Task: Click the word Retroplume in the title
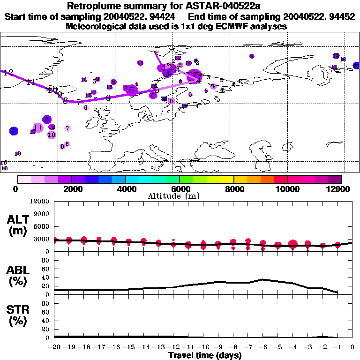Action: click(95, 6)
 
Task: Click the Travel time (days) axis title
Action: click(205, 356)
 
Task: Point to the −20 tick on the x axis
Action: click(54, 348)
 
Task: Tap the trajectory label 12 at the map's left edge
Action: click(8, 73)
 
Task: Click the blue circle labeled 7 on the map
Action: click(14, 130)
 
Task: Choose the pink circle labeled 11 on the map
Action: click(38, 127)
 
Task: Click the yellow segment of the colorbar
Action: click(227, 179)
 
